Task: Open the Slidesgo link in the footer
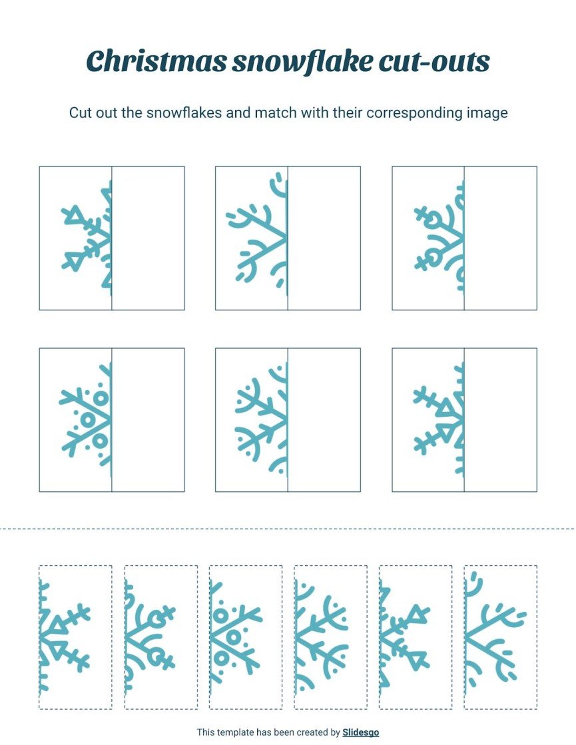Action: click(x=360, y=732)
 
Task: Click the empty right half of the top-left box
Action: click(x=148, y=238)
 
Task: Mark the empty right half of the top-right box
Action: click(x=500, y=238)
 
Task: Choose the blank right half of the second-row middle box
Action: click(x=324, y=420)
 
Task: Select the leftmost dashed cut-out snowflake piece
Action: click(x=75, y=637)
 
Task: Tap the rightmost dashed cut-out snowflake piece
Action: click(x=500, y=637)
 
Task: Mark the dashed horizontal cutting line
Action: click(x=288, y=529)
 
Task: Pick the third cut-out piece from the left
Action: click(x=245, y=637)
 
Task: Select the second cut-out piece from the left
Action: click(x=160, y=637)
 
